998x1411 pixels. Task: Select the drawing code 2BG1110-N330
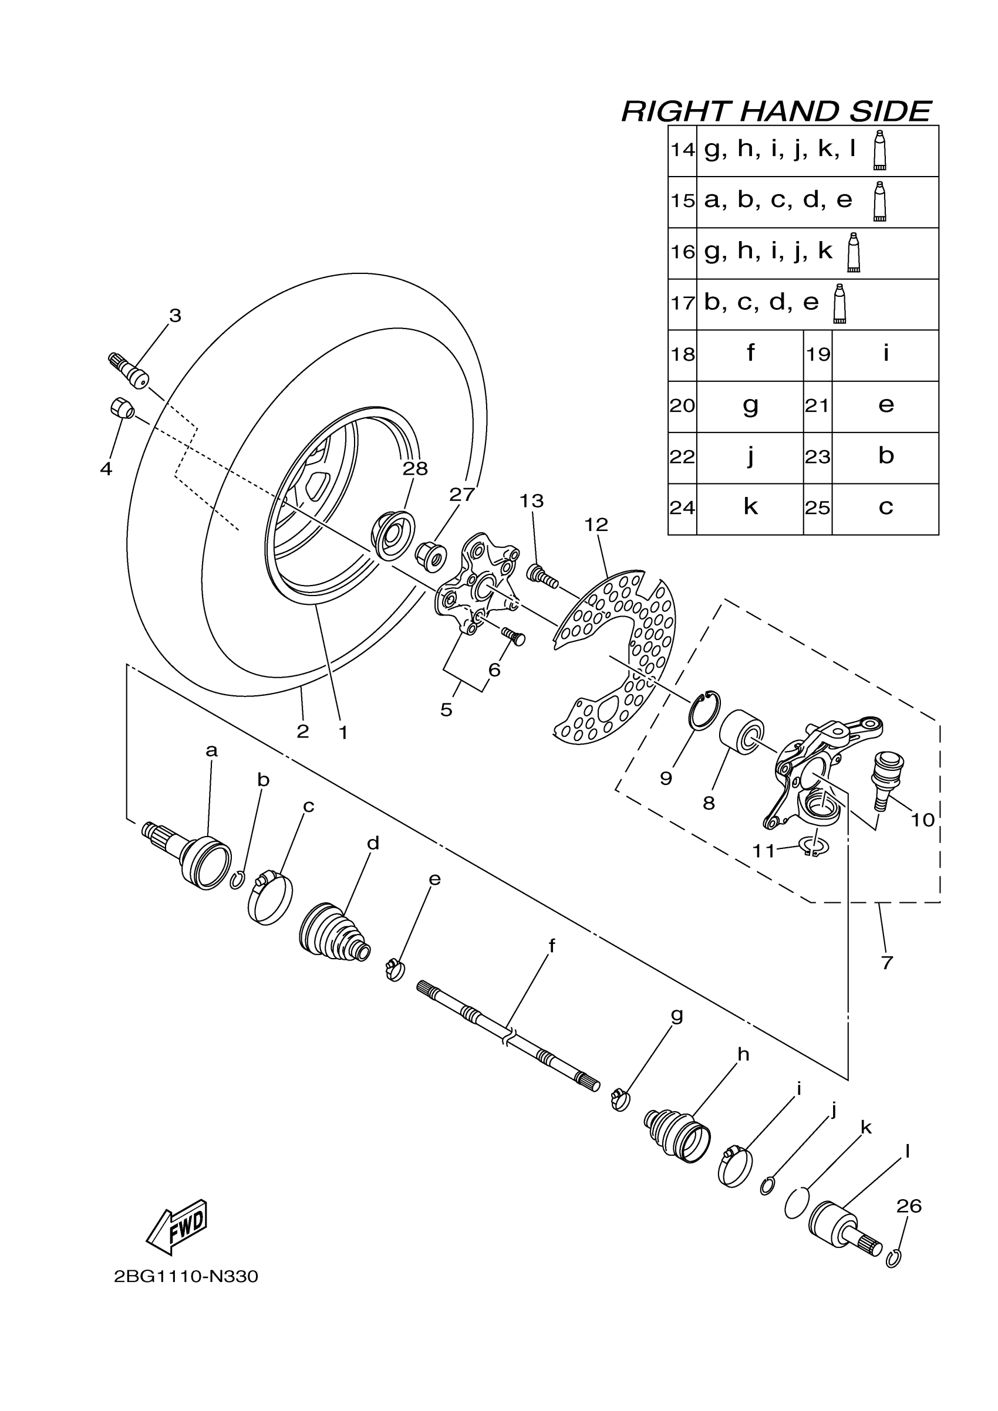coord(186,1277)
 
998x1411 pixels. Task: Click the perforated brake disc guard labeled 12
coord(615,658)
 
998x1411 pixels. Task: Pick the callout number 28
coord(415,469)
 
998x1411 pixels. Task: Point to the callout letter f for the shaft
coord(552,946)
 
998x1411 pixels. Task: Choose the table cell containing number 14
coord(683,150)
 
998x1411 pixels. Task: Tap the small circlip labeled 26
coord(894,1260)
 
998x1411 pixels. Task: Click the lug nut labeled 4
coord(122,407)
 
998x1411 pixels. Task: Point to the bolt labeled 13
coord(541,576)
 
